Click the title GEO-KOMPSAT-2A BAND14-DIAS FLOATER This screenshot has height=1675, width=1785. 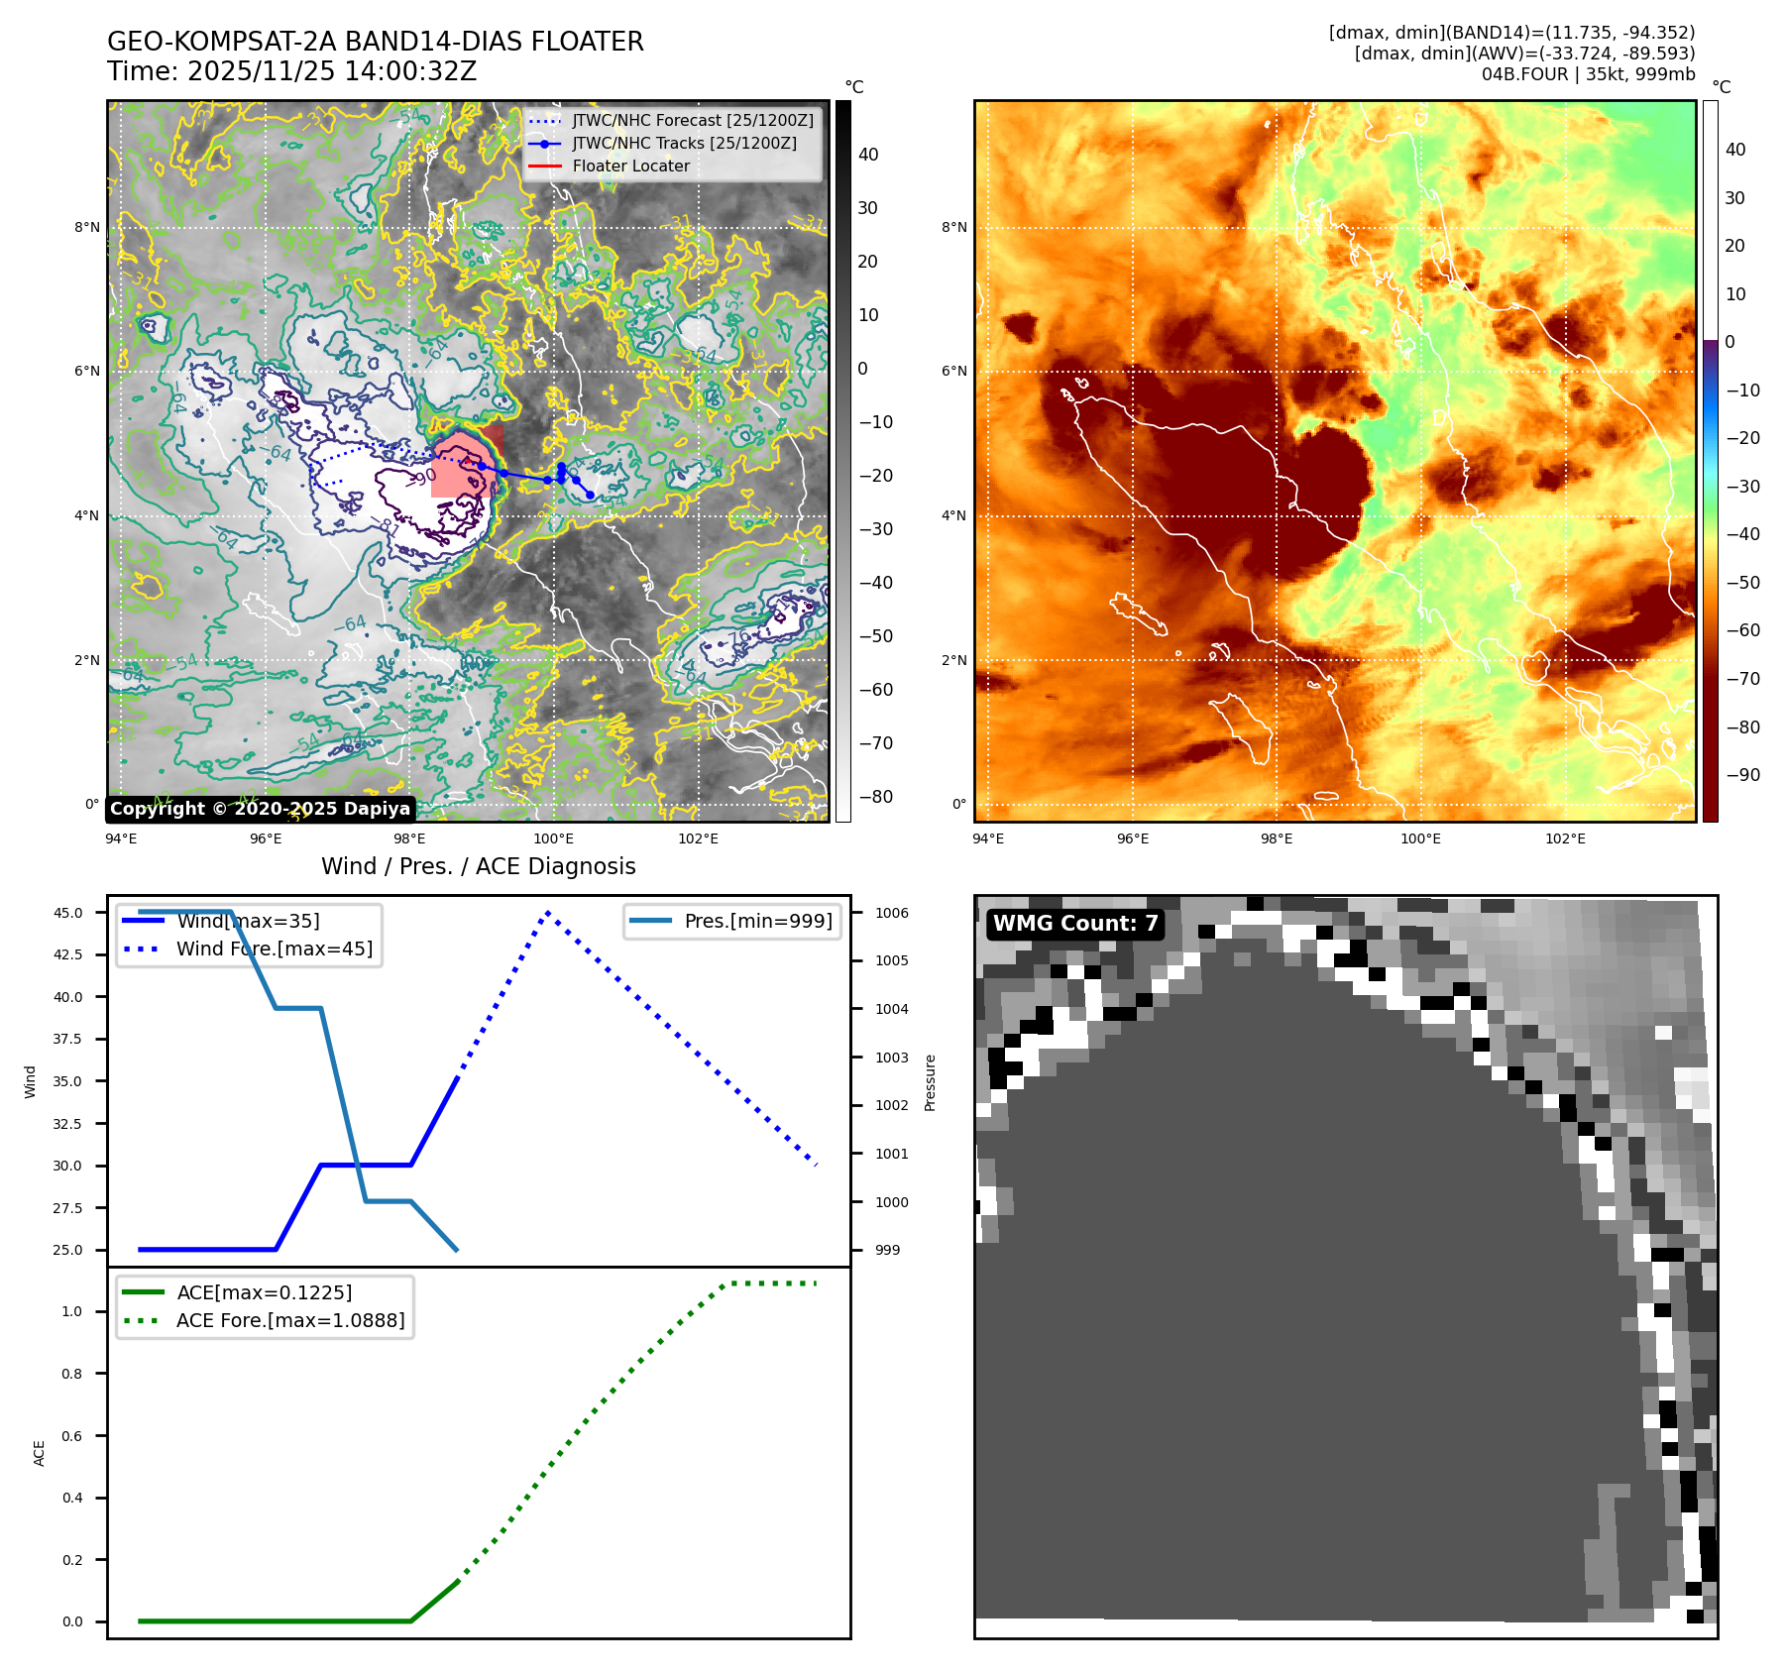click(x=375, y=42)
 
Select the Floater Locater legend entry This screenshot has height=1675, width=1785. click(x=630, y=167)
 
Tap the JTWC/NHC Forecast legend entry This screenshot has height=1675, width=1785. click(x=692, y=120)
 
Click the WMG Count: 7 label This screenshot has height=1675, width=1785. click(x=1075, y=924)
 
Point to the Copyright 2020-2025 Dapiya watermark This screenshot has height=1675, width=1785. click(x=260, y=809)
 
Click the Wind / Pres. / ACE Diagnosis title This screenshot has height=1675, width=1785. click(x=478, y=866)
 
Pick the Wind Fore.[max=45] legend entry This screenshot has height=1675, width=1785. click(x=275, y=949)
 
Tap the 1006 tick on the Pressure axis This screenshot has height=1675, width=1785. click(x=892, y=913)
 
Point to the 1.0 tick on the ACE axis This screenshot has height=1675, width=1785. click(x=72, y=1311)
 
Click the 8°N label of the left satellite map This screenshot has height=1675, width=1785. click(x=87, y=228)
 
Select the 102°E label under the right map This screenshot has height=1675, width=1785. click(x=1565, y=839)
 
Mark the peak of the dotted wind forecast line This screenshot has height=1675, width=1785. click(x=547, y=913)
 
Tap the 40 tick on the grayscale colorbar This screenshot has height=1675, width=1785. click(x=868, y=155)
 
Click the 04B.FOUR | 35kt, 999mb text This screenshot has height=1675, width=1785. click(x=1588, y=74)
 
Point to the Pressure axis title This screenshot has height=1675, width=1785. click(x=930, y=1082)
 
